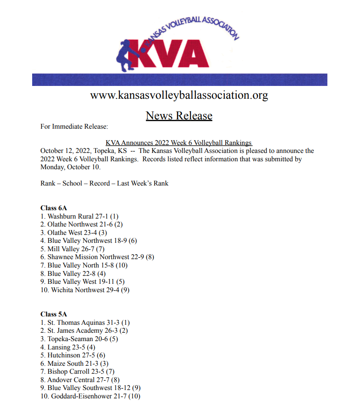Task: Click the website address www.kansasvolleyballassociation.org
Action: tap(179, 95)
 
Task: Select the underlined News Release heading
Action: tap(179, 115)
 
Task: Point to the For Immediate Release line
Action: tap(74, 126)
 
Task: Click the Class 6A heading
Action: tap(53, 208)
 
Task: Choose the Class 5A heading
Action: tap(53, 314)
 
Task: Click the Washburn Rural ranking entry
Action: tap(79, 216)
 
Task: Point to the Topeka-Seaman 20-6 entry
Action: tap(79, 339)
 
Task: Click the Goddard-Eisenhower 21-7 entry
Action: tap(90, 396)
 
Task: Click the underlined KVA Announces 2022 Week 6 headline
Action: tap(178, 143)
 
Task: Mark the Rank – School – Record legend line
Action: tap(104, 183)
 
